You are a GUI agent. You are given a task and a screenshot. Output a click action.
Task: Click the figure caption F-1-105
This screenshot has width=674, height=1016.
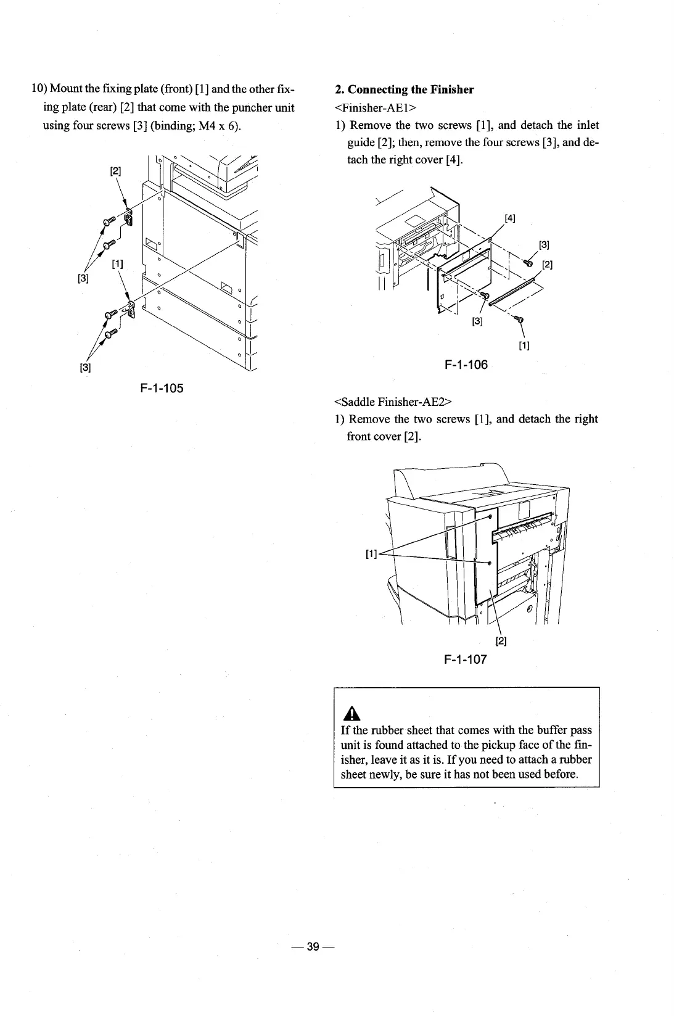(162, 388)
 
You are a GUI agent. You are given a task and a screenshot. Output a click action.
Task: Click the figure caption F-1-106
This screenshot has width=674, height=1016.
(466, 365)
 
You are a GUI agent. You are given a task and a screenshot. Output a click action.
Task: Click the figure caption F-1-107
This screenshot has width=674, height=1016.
(466, 659)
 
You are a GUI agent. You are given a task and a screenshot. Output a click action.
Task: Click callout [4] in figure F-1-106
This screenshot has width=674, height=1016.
(510, 217)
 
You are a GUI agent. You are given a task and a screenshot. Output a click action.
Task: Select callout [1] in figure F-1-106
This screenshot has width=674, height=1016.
(524, 345)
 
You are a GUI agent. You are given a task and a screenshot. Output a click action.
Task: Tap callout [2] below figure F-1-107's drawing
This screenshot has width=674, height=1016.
(501, 642)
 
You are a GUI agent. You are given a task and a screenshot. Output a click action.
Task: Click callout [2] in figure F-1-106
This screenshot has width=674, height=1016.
(546, 265)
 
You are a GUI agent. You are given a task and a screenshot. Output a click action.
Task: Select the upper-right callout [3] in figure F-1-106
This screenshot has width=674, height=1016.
(544, 244)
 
